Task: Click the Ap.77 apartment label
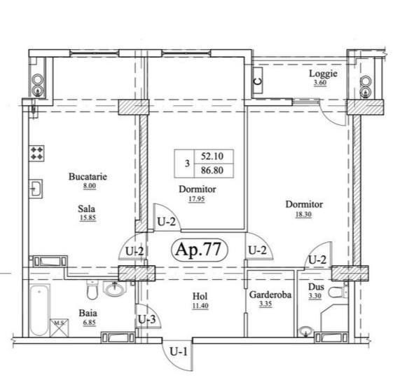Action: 199,250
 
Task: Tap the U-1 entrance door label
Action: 179,351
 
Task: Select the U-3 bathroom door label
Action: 147,320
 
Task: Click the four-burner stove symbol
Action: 36,154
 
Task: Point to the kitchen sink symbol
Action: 36,189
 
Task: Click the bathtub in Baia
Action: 39,310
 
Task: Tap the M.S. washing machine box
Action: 59,328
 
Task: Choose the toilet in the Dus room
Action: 338,292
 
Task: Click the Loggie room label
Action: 323,73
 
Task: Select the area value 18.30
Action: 303,214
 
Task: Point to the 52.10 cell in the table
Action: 212,156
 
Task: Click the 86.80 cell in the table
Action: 212,170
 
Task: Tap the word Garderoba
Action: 270,295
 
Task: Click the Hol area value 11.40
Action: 200,306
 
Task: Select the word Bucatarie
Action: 88,176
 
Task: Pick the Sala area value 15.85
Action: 88,218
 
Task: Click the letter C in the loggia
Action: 258,81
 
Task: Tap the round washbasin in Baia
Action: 115,289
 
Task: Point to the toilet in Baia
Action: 92,290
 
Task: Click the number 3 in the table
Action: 187,163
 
